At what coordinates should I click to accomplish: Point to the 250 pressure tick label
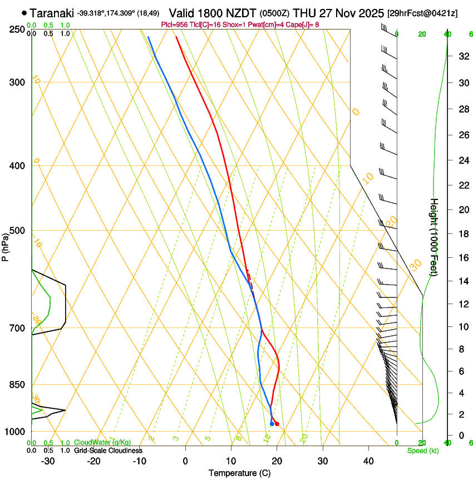click(x=18, y=30)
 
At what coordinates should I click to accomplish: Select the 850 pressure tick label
click(x=18, y=385)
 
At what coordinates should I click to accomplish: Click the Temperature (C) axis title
click(x=239, y=473)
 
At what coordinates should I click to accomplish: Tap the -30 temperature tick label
click(x=48, y=461)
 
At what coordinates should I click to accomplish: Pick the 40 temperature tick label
click(x=368, y=461)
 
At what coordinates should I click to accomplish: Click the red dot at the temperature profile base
click(x=277, y=424)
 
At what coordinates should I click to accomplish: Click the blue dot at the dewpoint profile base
click(x=272, y=424)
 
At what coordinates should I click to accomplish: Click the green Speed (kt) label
click(x=422, y=451)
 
